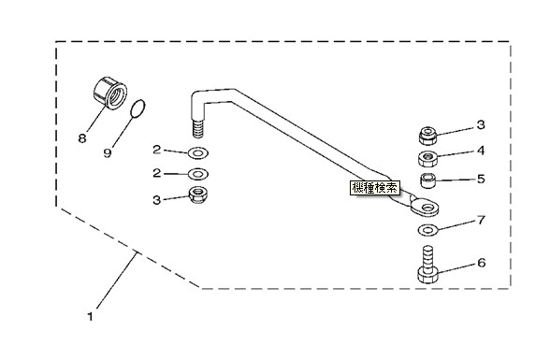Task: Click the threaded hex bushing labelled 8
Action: (x=110, y=93)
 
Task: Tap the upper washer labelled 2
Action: (x=198, y=153)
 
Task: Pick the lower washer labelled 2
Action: (x=198, y=174)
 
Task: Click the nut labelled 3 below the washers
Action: (x=198, y=195)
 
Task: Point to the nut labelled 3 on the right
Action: (x=428, y=136)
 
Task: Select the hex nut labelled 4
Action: (x=427, y=158)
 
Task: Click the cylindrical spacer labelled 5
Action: (x=428, y=180)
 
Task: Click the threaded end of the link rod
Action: (x=198, y=129)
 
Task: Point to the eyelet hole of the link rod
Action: (x=427, y=208)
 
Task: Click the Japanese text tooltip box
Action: (x=375, y=188)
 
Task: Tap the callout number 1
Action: (x=90, y=317)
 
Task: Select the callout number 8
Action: (x=82, y=138)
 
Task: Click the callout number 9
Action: (x=108, y=152)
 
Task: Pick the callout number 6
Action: (x=482, y=263)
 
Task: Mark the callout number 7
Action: (x=482, y=220)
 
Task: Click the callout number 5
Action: (x=481, y=179)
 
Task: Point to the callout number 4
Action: (x=481, y=151)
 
